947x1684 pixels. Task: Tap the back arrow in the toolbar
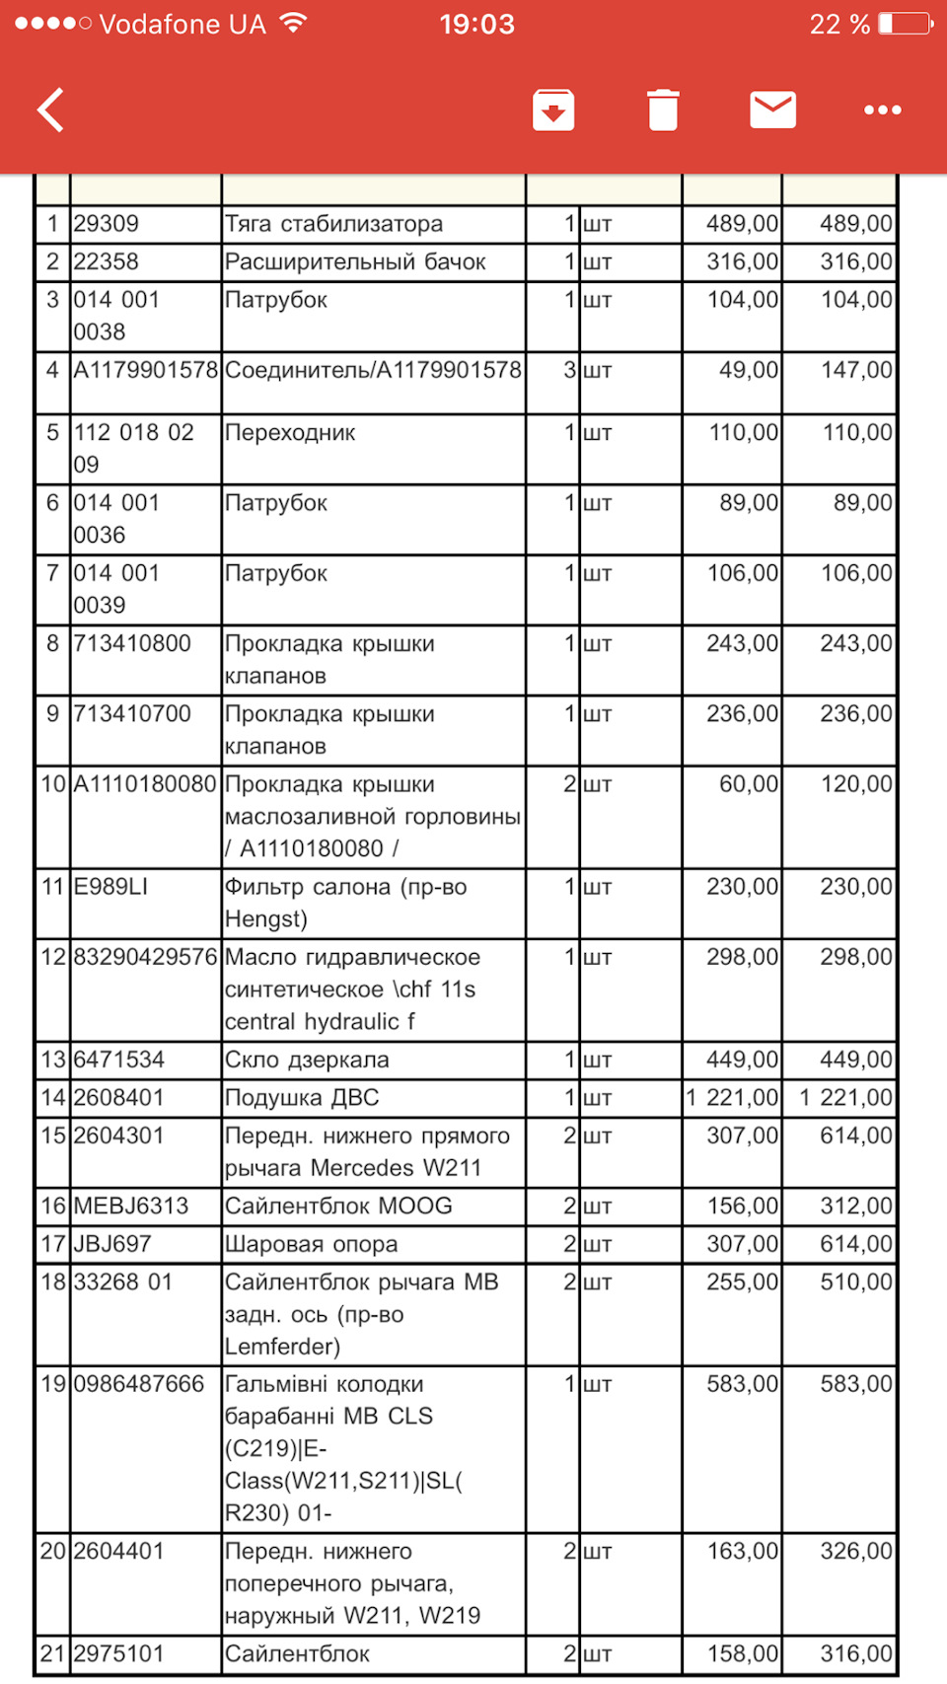pyautogui.click(x=51, y=110)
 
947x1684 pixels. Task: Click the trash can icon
pyautogui.click(x=663, y=110)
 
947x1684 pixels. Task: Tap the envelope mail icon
pyautogui.click(x=772, y=110)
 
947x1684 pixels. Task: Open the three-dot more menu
pyautogui.click(x=882, y=110)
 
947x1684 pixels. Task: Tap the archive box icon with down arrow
pyautogui.click(x=553, y=110)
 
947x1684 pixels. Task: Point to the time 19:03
pyautogui.click(x=476, y=24)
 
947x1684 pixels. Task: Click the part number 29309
pyautogui.click(x=107, y=224)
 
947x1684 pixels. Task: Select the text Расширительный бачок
pyautogui.click(x=355, y=262)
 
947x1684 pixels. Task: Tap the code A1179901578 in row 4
pyautogui.click(x=145, y=371)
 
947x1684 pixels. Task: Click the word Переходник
pyautogui.click(x=290, y=433)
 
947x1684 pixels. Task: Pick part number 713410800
pyautogui.click(x=132, y=644)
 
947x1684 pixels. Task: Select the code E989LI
pyautogui.click(x=110, y=887)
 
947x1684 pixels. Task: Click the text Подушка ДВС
pyautogui.click(x=302, y=1098)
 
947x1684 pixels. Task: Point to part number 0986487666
pyautogui.click(x=139, y=1384)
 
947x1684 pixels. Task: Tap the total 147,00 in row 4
pyautogui.click(x=856, y=371)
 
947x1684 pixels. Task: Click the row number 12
pyautogui.click(x=53, y=957)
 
